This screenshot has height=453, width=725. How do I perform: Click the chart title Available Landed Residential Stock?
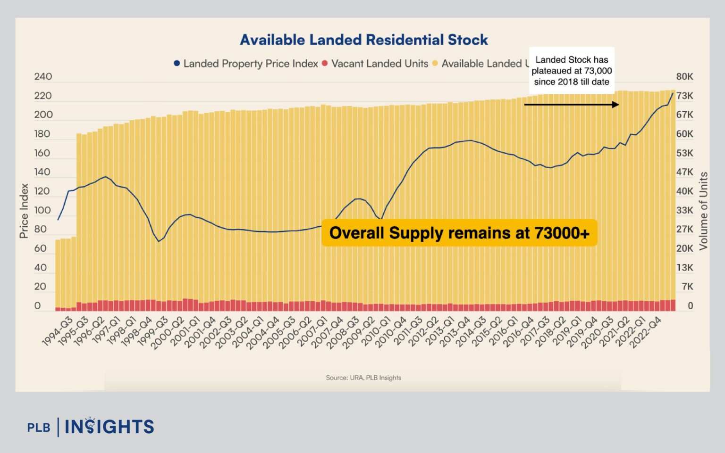point(363,40)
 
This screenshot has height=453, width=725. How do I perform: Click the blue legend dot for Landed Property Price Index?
point(177,63)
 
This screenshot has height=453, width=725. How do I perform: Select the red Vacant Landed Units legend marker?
point(325,63)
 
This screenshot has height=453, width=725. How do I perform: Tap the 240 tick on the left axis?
point(43,76)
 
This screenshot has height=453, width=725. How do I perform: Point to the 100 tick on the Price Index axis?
point(42,210)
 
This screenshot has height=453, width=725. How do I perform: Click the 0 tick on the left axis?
point(38,305)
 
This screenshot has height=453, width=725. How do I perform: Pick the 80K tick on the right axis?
point(684,76)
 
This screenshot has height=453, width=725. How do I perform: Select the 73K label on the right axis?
point(684,96)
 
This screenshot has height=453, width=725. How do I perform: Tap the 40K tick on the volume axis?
point(684,191)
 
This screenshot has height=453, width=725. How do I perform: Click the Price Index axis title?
point(24,211)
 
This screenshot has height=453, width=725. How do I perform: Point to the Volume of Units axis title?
point(703,211)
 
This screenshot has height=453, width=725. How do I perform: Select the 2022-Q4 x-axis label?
point(646,332)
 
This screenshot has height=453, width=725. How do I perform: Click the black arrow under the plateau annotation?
point(571,105)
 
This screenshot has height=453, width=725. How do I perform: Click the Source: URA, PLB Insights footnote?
point(363,378)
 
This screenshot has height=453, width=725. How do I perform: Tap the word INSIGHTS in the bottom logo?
point(109,427)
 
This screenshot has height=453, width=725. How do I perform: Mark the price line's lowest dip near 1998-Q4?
point(159,241)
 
